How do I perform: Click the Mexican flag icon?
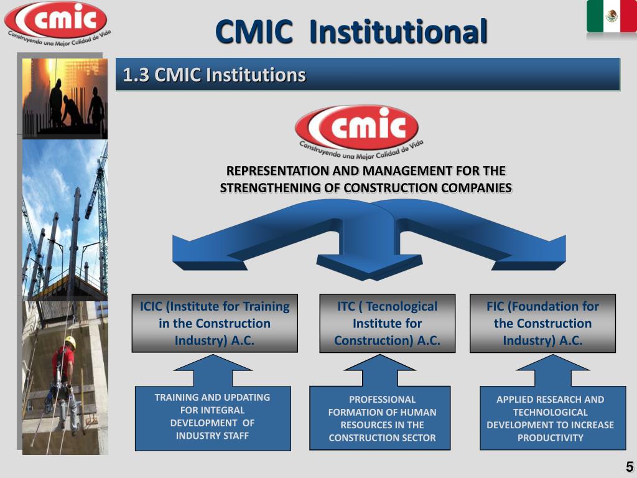coord(611,17)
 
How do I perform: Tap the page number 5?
coord(629,467)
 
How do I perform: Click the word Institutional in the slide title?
coord(398,32)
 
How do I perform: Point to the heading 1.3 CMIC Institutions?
coord(215,75)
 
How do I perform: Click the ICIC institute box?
coord(215,323)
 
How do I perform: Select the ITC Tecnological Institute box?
coord(387,323)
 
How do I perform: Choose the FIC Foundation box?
coord(542,323)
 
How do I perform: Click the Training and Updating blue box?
coord(212,417)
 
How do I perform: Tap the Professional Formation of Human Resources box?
coord(379,418)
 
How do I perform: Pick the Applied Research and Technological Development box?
coord(552,418)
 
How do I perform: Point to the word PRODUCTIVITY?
coord(550,438)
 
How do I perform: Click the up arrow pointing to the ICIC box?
coord(212,371)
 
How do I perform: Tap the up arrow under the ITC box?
coord(379,371)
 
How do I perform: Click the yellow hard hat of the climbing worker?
coord(70,341)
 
